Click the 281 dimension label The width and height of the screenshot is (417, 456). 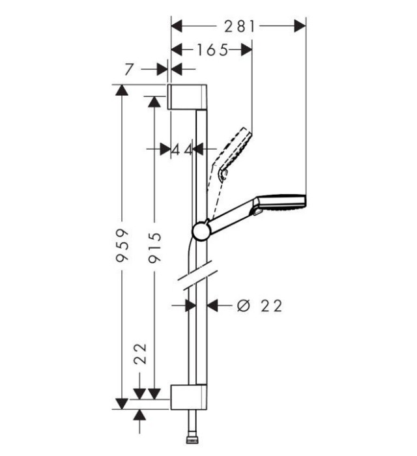point(238,25)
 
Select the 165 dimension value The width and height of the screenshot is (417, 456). point(209,50)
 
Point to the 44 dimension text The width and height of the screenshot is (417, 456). point(182,149)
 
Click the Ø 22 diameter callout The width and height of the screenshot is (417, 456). point(260,305)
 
